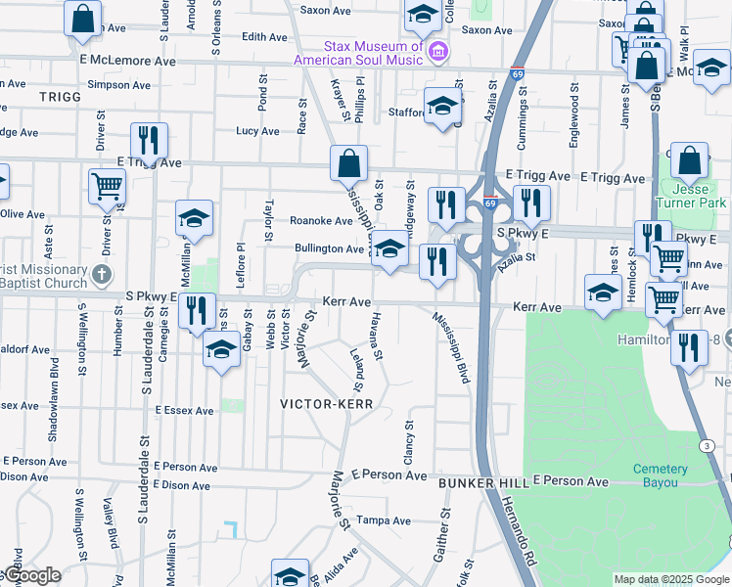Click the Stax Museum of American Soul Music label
point(372,54)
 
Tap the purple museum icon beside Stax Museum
point(438,51)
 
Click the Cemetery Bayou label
point(660,476)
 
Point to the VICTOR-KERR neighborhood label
point(324,403)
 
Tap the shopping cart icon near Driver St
point(107,185)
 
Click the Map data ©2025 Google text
point(671,579)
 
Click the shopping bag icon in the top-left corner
point(84,18)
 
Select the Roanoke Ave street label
point(320,221)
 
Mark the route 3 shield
point(706,445)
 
